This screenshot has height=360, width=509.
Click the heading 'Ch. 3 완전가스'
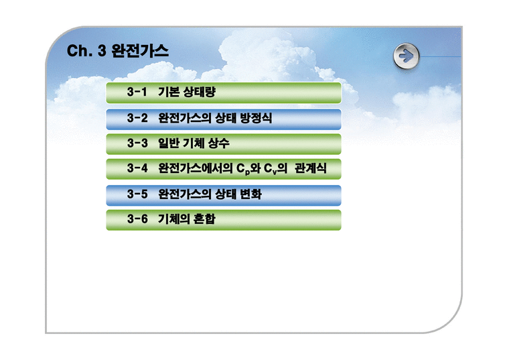pos(117,52)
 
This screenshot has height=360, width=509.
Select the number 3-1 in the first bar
pos(137,93)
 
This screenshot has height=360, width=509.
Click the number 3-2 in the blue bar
pos(137,118)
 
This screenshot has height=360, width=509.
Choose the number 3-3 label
pos(137,143)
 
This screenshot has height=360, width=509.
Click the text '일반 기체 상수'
pos(194,143)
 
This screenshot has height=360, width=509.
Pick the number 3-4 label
pos(137,168)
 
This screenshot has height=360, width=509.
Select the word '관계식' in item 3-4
pos(310,168)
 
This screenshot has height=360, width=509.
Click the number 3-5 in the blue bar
pos(137,194)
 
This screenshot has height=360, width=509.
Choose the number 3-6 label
pos(137,219)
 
